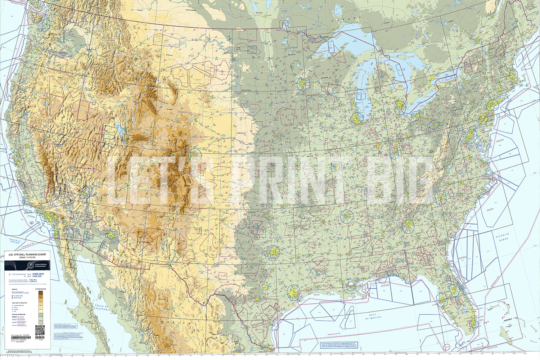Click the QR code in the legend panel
[x=40, y=330]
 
